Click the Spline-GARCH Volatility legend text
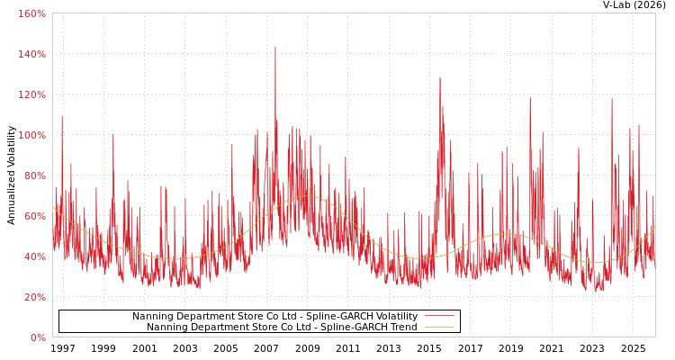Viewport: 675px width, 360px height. point(274,317)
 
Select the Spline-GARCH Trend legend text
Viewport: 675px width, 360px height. point(282,328)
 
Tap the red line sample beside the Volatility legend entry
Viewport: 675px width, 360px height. point(438,317)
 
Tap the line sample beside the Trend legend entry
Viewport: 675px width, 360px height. point(438,328)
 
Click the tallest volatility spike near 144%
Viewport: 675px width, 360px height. point(275,48)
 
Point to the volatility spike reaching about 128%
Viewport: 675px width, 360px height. point(440,78)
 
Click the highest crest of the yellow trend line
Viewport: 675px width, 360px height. point(305,196)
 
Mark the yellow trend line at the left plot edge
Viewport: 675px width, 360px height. point(53,206)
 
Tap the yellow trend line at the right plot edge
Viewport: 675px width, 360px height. point(654,228)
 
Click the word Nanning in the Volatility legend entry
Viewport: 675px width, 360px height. point(153,317)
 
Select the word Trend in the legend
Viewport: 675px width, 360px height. point(402,328)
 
